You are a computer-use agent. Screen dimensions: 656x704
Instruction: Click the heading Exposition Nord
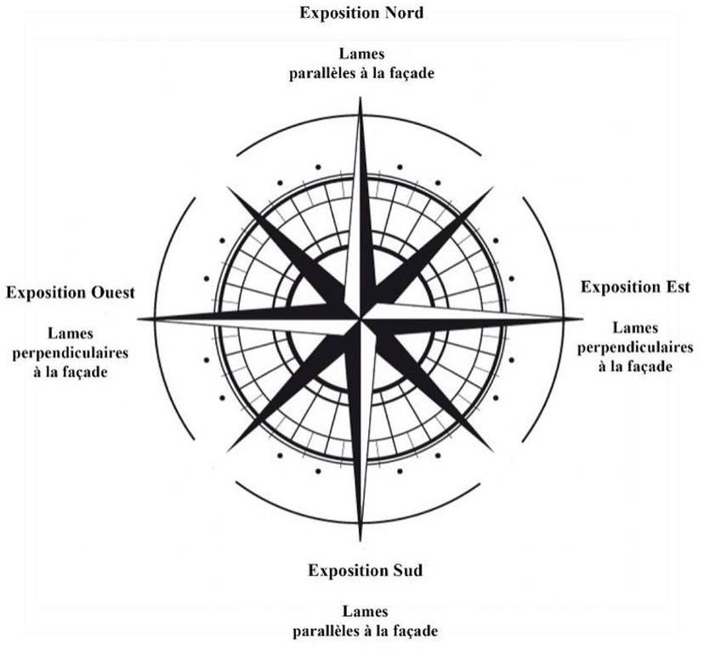pyautogui.click(x=361, y=14)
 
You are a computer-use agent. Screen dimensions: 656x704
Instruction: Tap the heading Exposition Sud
pyautogui.click(x=365, y=569)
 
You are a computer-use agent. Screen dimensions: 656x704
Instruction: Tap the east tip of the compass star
pyautogui.click(x=583, y=319)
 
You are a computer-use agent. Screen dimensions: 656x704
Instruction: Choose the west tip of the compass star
pyautogui.click(x=139, y=319)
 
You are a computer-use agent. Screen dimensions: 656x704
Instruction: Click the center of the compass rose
pyautogui.click(x=362, y=319)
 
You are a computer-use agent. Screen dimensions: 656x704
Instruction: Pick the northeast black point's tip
pyautogui.click(x=493, y=189)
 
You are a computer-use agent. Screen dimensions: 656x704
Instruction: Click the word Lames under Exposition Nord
pyautogui.click(x=359, y=55)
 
